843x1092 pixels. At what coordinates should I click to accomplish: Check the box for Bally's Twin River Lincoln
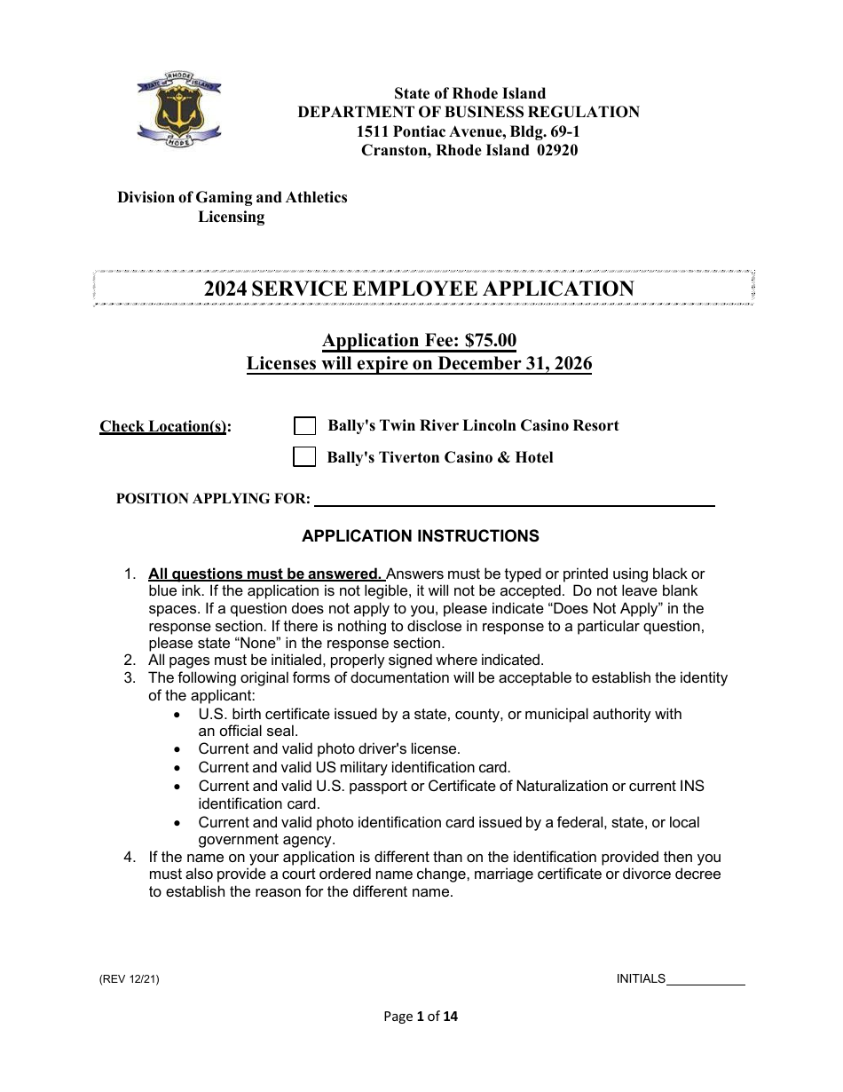tap(304, 426)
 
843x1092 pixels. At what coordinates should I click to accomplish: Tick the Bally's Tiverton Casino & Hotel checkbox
tap(304, 457)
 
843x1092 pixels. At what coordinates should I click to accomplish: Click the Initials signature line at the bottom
tap(705, 979)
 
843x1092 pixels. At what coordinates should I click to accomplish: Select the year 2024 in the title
tap(225, 289)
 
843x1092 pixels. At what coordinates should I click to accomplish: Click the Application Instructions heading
tap(420, 536)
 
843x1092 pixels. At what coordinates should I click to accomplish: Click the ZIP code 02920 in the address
tap(556, 150)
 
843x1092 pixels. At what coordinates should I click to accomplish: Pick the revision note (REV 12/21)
tap(130, 979)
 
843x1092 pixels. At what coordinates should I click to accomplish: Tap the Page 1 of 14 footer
tap(421, 1017)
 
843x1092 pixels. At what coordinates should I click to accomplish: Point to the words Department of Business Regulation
tap(468, 112)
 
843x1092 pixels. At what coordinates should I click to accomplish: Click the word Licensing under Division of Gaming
tap(231, 217)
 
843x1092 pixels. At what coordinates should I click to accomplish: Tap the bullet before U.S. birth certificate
tap(180, 715)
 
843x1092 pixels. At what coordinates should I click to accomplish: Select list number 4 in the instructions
tap(130, 858)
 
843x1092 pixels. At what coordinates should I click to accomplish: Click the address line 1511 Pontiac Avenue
tap(468, 131)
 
